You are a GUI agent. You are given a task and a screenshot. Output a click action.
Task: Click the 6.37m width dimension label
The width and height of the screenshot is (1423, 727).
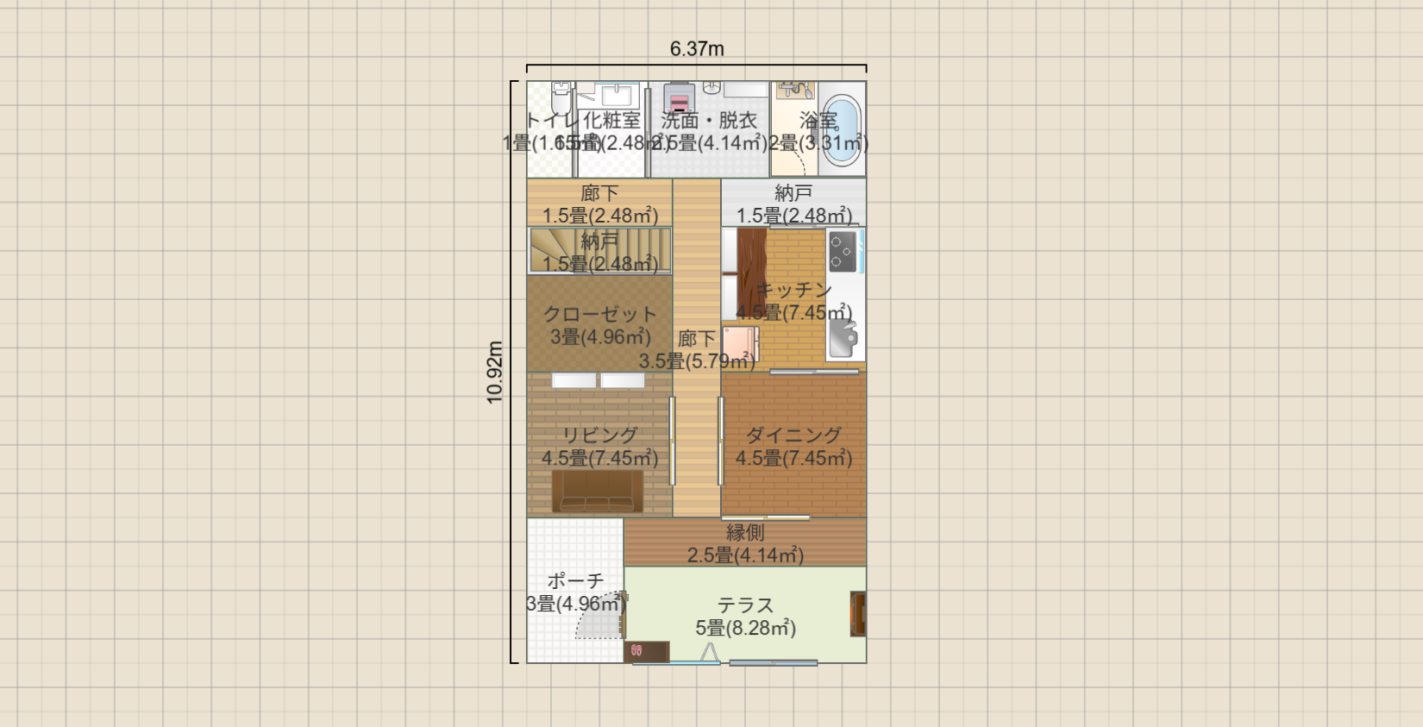pyautogui.click(x=697, y=49)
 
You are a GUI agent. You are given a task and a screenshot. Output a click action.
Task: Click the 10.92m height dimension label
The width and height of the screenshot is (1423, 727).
pyautogui.click(x=495, y=372)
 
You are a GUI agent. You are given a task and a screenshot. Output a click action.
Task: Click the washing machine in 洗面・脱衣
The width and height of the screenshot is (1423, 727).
pyautogui.click(x=680, y=98)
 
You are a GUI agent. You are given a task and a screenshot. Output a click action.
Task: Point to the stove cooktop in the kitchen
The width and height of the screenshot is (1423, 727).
pyautogui.click(x=843, y=251)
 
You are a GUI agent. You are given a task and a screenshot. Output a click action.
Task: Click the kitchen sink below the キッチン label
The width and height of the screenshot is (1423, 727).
pyautogui.click(x=843, y=339)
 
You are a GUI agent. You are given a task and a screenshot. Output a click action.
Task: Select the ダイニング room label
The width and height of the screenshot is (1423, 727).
pyautogui.click(x=793, y=436)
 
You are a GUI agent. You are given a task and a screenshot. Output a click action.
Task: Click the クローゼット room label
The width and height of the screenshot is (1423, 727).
pyautogui.click(x=600, y=315)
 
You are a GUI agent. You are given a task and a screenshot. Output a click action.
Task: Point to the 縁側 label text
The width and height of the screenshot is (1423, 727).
pyautogui.click(x=745, y=533)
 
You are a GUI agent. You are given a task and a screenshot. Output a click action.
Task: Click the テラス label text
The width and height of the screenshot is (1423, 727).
pyautogui.click(x=745, y=605)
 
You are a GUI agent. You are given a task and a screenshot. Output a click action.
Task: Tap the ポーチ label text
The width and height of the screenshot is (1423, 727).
pyautogui.click(x=575, y=581)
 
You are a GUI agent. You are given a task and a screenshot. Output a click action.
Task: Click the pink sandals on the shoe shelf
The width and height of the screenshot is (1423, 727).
pyautogui.click(x=636, y=651)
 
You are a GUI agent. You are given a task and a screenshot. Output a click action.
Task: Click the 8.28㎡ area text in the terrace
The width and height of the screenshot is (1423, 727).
pyautogui.click(x=758, y=629)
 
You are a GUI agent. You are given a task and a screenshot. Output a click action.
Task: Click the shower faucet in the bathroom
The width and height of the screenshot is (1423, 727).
pyautogui.click(x=795, y=90)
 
